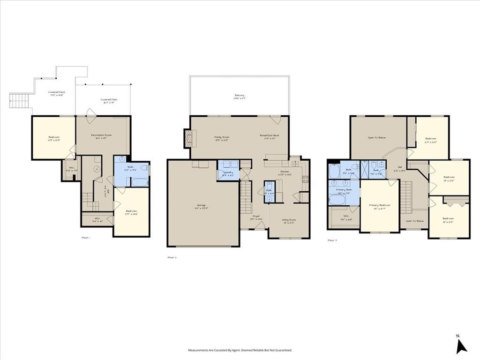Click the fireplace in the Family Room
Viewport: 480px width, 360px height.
point(189,139)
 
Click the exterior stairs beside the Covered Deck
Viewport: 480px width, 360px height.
point(18,99)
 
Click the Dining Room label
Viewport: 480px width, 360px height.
point(289,221)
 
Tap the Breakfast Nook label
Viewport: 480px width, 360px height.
point(270,136)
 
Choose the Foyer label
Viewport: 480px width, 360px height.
point(256,217)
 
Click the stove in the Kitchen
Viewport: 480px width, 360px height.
point(305,179)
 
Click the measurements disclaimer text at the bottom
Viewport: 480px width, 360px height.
point(240,350)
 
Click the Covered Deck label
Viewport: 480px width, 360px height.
point(56,93)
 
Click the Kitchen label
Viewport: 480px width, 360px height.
point(285,172)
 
